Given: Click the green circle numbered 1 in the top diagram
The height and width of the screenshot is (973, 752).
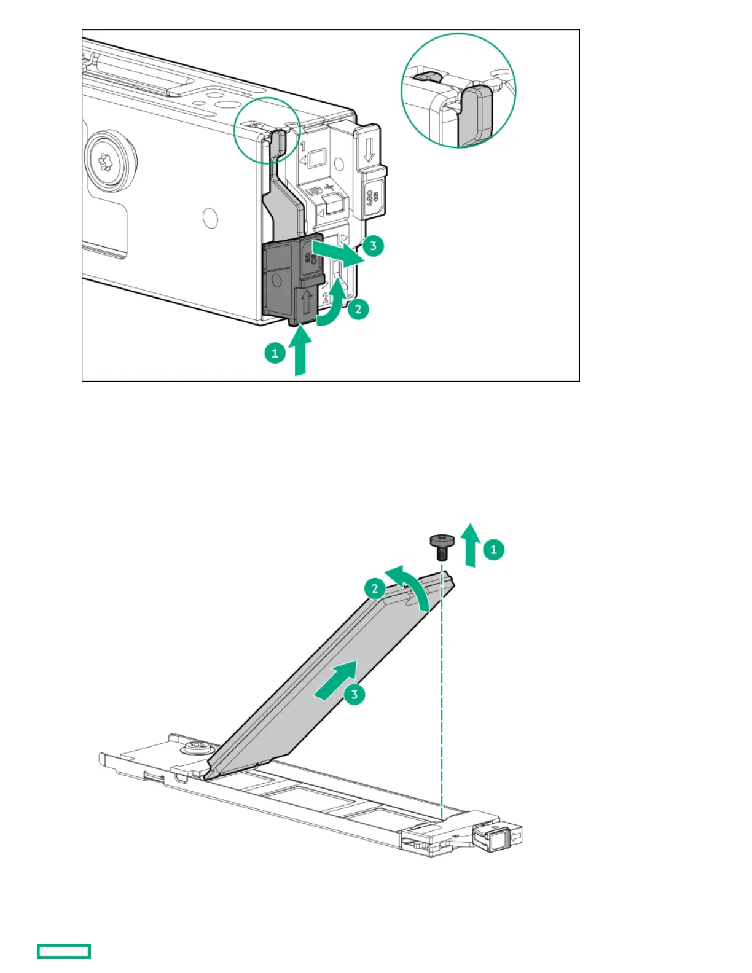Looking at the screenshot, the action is coord(275,353).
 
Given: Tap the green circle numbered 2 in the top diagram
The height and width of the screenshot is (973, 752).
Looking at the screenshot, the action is coord(358,308).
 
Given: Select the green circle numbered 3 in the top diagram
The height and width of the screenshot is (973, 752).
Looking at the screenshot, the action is coord(373,246).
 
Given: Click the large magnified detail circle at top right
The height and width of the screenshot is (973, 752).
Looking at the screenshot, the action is coord(458,91).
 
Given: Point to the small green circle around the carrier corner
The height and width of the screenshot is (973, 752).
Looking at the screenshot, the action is coord(267,130).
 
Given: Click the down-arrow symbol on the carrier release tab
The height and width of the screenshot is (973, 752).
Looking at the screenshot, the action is coord(369,150).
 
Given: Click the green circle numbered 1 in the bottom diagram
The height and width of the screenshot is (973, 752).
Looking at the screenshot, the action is coord(493,549).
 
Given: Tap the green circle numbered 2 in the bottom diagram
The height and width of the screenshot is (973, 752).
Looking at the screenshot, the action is coord(375,588).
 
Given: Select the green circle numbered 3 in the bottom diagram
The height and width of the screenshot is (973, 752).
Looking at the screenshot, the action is coord(354,695).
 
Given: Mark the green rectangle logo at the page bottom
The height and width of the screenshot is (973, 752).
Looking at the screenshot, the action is coord(64,951).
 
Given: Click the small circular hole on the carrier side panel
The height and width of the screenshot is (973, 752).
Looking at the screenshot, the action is coord(211,218).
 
